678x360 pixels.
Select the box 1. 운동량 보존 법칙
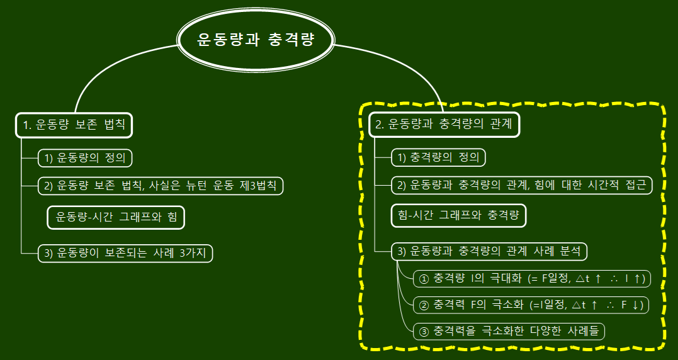click(x=74, y=125)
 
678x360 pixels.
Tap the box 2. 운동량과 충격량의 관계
click(x=444, y=125)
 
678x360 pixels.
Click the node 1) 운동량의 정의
click(x=86, y=158)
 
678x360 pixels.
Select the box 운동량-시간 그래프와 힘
click(x=116, y=217)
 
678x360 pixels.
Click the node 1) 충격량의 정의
click(x=439, y=157)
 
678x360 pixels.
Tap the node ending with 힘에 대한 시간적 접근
click(x=521, y=185)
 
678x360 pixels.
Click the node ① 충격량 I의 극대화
click(x=533, y=278)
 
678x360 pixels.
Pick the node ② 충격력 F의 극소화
click(x=531, y=305)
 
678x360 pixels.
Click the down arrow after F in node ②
click(x=636, y=305)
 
